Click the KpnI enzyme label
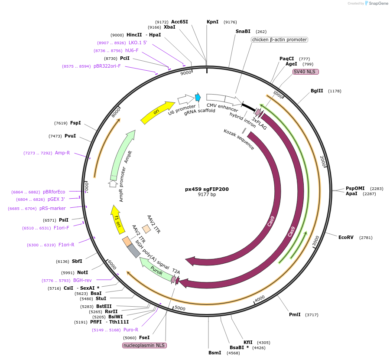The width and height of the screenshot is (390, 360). coord(212,22)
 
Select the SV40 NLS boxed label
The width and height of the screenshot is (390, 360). coord(306,72)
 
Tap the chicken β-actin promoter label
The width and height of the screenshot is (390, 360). coord(279,40)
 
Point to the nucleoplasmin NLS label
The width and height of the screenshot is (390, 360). coord(144,346)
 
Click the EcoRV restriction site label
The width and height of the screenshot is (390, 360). coord(346,237)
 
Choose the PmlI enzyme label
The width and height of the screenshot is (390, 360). coord(295,314)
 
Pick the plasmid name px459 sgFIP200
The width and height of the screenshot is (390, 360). coord(207,189)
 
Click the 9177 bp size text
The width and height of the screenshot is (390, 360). coord(207,195)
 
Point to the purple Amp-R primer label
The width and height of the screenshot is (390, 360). coord(62,153)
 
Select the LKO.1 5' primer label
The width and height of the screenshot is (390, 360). coord(138,43)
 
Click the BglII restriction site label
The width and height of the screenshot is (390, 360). coord(317,91)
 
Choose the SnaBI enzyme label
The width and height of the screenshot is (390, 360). coord(243,31)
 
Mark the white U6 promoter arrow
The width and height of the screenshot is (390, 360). coord(186,100)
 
